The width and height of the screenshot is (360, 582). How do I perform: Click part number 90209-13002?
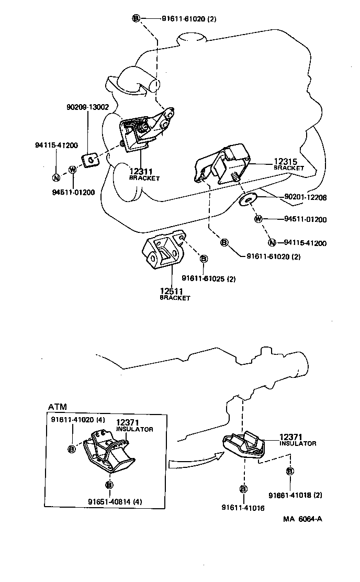tap(87, 107)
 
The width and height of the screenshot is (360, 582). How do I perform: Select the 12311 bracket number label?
tap(141, 171)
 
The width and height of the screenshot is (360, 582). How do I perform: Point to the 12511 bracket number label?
tap(172, 290)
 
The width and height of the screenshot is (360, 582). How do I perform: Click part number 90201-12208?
tap(306, 197)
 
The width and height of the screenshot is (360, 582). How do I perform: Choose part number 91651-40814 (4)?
tap(115, 502)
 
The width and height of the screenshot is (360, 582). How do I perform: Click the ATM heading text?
tap(58, 407)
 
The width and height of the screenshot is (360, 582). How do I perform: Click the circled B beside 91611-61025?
tap(204, 259)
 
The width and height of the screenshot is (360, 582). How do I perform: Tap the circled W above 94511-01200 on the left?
tap(72, 169)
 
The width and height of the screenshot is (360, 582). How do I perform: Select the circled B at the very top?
tap(136, 19)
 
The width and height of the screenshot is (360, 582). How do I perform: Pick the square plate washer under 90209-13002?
tap(91, 158)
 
